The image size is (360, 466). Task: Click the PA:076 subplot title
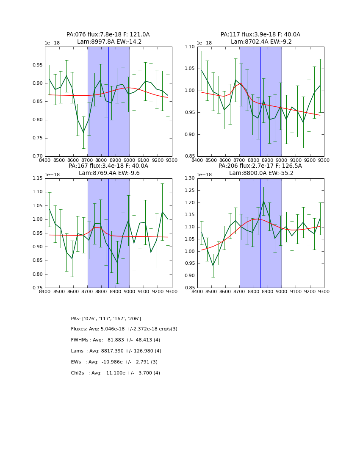coord(108,35)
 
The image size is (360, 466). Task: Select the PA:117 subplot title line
coord(260,35)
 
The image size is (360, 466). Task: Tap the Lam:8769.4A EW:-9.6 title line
coord(109,173)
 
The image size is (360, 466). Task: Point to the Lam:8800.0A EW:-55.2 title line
coord(260,173)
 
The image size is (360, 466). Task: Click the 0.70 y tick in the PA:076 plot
coord(37,156)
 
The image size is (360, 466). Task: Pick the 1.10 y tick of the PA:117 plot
coord(189,47)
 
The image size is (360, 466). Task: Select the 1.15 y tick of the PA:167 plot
coord(37,178)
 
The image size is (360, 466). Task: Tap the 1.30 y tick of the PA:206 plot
coord(189,178)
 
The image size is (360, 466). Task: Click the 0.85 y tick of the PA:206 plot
coord(189,288)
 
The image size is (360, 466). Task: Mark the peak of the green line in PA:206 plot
coord(263,201)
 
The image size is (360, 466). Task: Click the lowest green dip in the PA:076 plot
coord(83,133)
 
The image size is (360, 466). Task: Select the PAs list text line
coord(106,319)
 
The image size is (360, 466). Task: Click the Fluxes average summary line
coord(124,329)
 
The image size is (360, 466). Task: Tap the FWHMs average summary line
coord(115,340)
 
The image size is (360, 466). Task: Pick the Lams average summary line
coord(116,351)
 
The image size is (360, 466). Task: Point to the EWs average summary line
coord(114,362)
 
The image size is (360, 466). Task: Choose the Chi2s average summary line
coord(115,373)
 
